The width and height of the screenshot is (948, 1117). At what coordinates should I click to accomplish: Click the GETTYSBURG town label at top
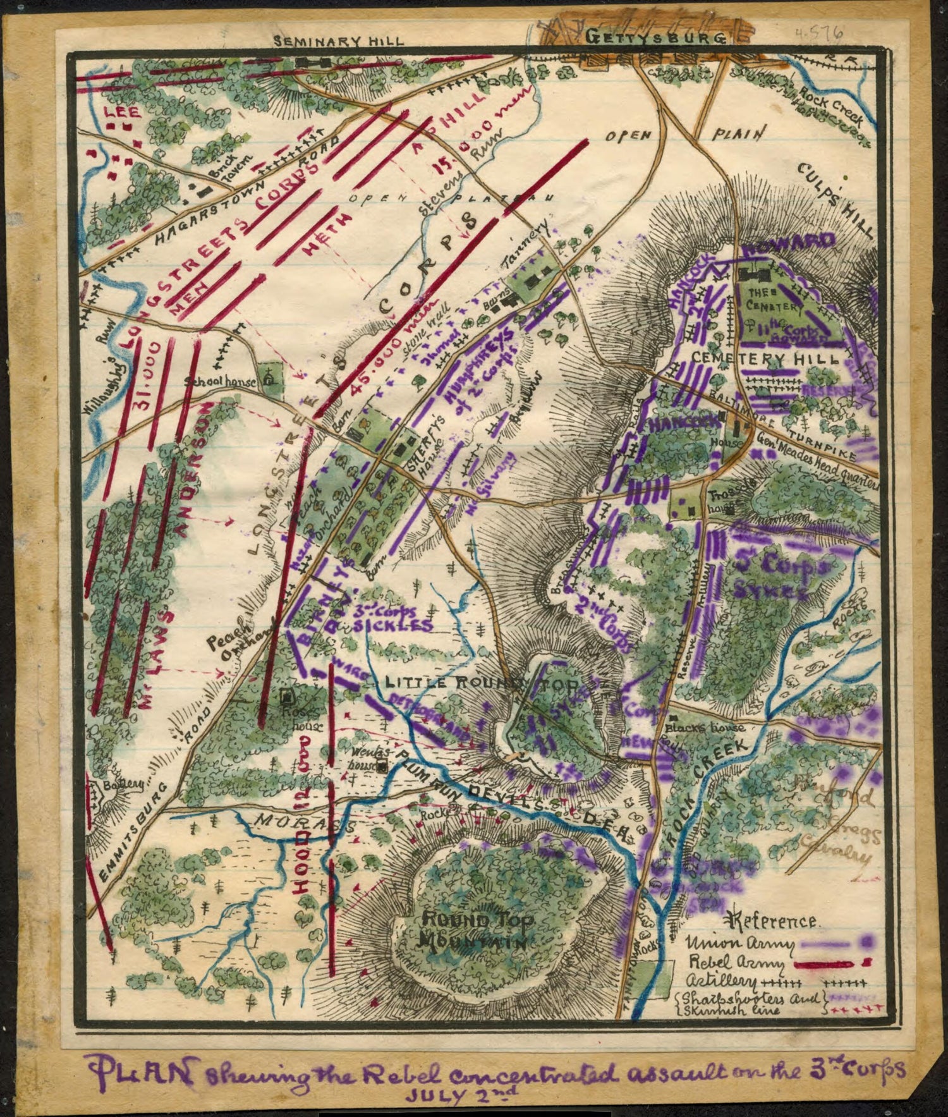[654, 38]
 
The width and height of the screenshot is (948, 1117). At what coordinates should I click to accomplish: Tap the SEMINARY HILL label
[339, 41]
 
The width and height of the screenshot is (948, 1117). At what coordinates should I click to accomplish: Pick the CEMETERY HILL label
[765, 358]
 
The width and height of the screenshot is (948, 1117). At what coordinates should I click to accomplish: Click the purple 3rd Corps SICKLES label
[389, 619]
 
